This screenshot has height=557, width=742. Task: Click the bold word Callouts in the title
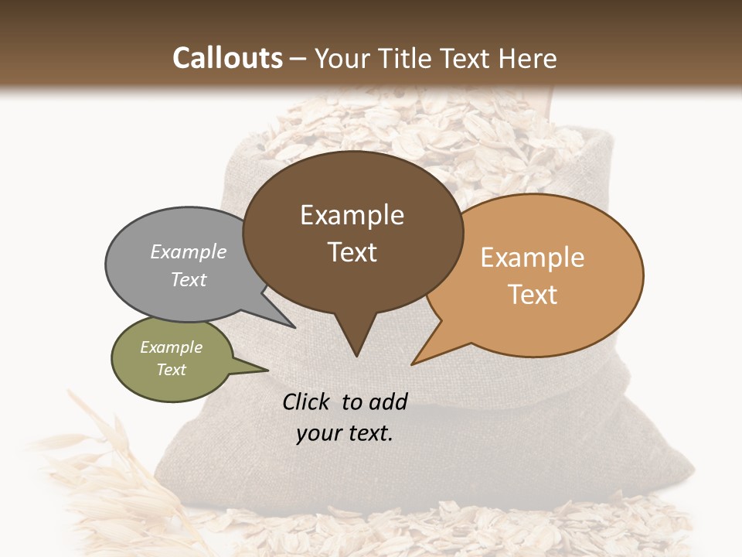pyautogui.click(x=227, y=58)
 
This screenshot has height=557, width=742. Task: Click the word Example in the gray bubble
pyautogui.click(x=189, y=251)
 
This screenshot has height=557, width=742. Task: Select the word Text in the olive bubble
pyautogui.click(x=172, y=370)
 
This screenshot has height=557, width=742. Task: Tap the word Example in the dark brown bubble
pyautogui.click(x=352, y=215)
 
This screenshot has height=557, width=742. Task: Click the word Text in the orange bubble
pyautogui.click(x=533, y=295)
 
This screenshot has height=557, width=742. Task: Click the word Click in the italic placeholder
pyautogui.click(x=308, y=402)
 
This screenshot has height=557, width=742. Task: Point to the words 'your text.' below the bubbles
pyautogui.click(x=345, y=433)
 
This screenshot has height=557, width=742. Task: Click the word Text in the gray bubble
pyautogui.click(x=189, y=279)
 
